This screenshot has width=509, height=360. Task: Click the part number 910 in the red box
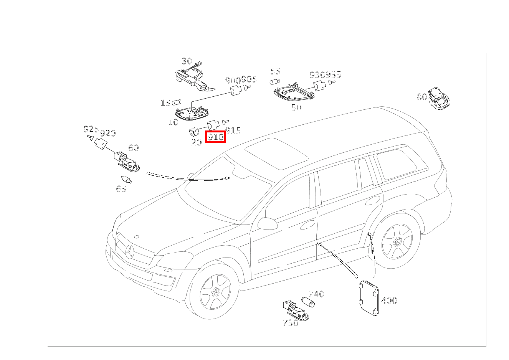click(215, 137)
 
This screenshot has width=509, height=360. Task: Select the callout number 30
click(187, 61)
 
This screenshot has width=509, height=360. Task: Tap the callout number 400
click(389, 301)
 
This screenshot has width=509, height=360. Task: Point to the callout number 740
click(316, 294)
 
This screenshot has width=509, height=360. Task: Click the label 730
click(291, 323)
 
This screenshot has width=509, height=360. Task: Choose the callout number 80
click(422, 97)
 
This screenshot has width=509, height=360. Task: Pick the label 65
click(121, 189)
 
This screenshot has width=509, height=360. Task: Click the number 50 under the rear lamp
click(297, 107)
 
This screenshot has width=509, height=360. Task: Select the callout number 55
click(275, 71)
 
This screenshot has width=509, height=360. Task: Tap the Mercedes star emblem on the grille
click(130, 252)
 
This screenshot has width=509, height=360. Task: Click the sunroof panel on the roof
click(276, 154)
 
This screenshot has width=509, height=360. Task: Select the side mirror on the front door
click(267, 223)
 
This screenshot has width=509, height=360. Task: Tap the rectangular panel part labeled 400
click(369, 298)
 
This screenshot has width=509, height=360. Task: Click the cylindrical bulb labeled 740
click(308, 302)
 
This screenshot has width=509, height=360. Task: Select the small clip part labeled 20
click(194, 132)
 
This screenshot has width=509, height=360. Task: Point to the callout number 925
click(91, 129)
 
